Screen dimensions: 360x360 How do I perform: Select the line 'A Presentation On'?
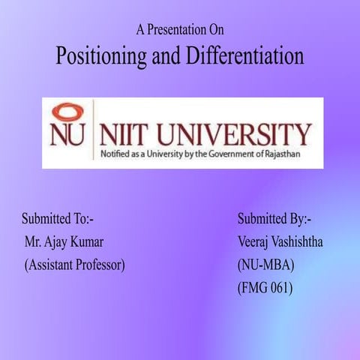tap(180, 30)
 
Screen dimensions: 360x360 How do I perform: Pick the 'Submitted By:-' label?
tap(274, 219)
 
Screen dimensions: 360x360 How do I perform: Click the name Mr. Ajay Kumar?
tap(64, 241)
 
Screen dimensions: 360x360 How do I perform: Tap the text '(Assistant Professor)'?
tap(74, 264)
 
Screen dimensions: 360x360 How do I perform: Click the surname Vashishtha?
tap(301, 241)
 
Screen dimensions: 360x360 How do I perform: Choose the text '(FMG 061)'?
tap(264, 286)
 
